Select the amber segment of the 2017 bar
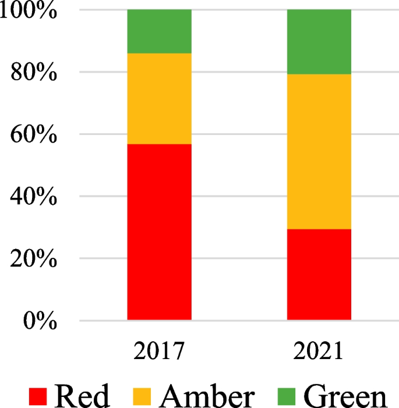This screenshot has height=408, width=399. (x=159, y=98)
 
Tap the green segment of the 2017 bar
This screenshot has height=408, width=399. (x=159, y=31)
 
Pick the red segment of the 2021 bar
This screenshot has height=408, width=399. (x=319, y=274)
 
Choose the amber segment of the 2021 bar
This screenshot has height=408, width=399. (x=319, y=151)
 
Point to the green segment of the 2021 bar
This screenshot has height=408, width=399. (x=319, y=42)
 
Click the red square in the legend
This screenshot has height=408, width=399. (x=40, y=396)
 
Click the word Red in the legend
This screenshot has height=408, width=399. (x=82, y=396)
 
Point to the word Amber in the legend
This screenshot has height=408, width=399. (x=207, y=396)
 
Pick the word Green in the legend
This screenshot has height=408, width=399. (x=345, y=396)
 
